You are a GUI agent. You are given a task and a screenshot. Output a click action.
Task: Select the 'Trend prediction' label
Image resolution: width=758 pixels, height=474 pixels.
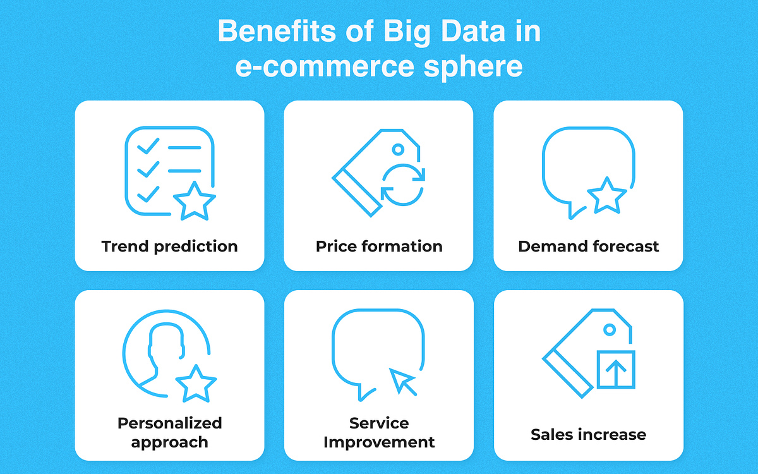point(169,246)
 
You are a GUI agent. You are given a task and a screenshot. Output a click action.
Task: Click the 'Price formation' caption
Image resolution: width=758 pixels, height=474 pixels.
point(379,246)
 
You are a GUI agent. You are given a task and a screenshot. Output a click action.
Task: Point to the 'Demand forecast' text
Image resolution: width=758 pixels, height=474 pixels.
point(588,246)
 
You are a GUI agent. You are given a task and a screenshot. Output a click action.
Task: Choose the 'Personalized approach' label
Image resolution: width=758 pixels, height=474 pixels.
point(169,432)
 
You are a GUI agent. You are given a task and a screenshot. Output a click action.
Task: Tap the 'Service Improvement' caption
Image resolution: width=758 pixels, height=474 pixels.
point(379,432)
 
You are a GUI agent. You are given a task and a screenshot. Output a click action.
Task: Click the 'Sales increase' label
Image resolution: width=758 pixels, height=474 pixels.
point(588,435)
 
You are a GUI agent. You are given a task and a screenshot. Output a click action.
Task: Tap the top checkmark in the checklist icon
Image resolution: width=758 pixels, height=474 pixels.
point(148,147)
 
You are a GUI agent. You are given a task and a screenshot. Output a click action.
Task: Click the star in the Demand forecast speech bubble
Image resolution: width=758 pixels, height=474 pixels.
point(607,195)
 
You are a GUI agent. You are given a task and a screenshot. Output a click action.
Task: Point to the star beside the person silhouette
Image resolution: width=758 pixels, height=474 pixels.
point(196,382)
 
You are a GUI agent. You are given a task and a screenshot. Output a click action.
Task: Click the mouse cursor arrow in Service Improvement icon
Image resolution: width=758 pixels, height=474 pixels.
point(403,382)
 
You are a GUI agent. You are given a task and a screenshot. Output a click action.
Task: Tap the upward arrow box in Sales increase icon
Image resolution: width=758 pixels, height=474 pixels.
point(616,369)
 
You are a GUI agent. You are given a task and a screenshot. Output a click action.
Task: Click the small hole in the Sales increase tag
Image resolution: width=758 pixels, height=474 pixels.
point(610,329)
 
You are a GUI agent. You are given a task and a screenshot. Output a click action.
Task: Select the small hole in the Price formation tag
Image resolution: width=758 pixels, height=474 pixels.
point(398,149)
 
